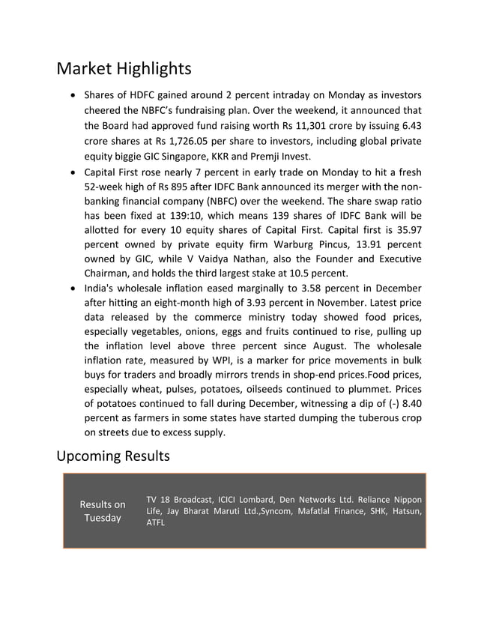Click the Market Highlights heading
(124, 69)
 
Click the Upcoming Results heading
(113, 456)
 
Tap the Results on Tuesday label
(103, 511)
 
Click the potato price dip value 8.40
(408, 403)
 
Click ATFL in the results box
(155, 522)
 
